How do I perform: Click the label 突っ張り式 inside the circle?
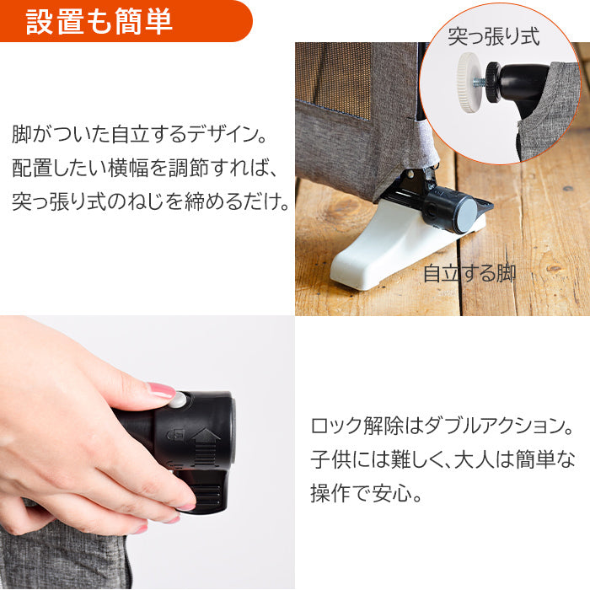pos(494,37)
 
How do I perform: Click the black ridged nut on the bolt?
pos(494,82)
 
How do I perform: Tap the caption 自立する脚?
pos(469,273)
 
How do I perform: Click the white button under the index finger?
pos(179,400)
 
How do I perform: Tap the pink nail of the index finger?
pos(161,390)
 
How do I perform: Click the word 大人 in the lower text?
pos(474,460)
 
